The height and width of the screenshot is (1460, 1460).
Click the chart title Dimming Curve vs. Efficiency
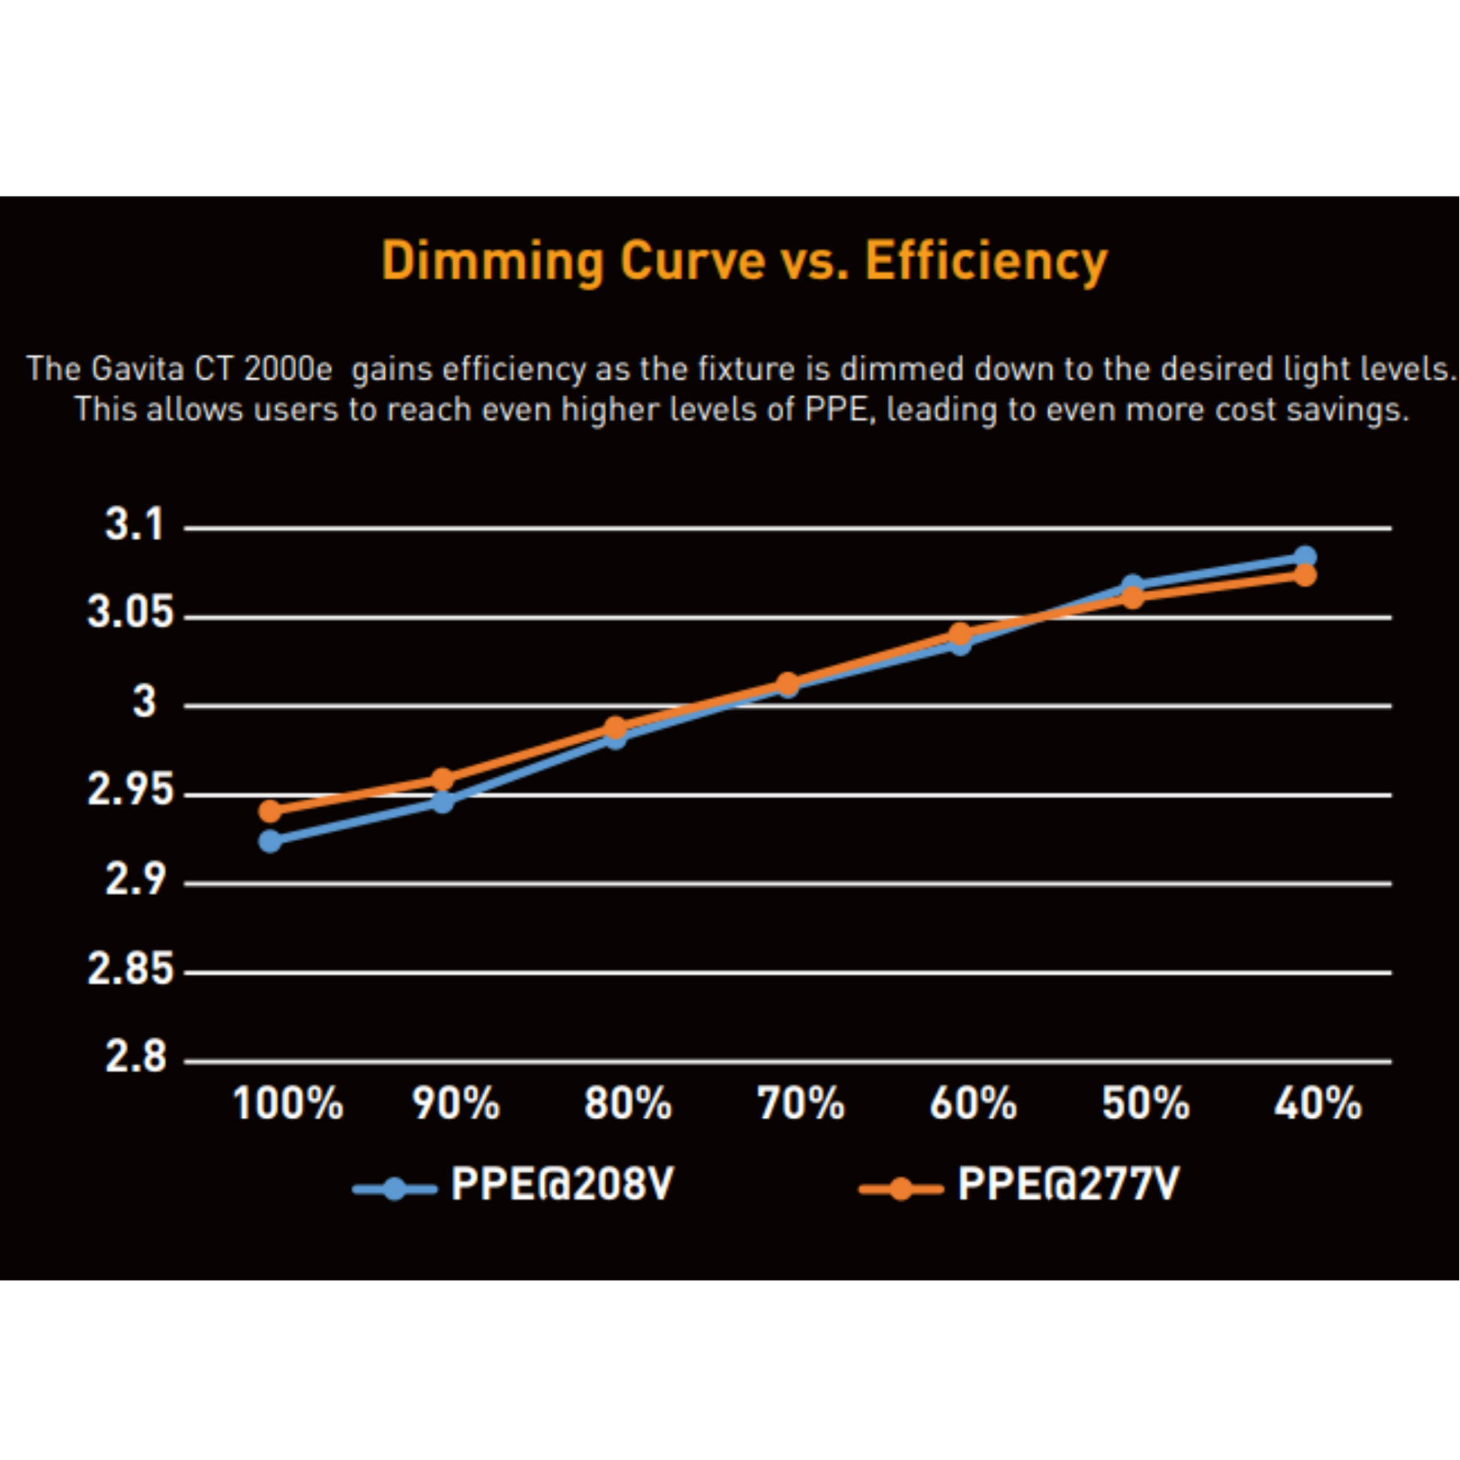coord(744,261)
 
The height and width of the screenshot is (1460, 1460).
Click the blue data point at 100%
coord(270,840)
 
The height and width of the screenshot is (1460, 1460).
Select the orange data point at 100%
coord(270,811)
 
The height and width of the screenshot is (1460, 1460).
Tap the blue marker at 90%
coord(443,801)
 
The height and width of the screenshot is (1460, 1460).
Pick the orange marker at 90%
coord(443,779)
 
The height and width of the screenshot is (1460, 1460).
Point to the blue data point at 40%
coord(1305,557)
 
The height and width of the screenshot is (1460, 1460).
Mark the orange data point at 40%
coord(1305,576)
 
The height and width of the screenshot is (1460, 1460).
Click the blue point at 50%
coord(1132,585)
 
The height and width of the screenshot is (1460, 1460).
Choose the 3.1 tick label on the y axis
coord(134,524)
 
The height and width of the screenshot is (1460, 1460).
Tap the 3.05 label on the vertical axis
coord(130,612)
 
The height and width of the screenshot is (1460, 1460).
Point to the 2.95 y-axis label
coord(130,790)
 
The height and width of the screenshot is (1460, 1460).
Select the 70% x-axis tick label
coord(801,1104)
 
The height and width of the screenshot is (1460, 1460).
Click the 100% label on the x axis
coord(288,1104)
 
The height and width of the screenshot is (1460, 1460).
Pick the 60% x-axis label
coord(972,1104)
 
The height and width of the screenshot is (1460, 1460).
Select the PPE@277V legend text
coord(1068,1184)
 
